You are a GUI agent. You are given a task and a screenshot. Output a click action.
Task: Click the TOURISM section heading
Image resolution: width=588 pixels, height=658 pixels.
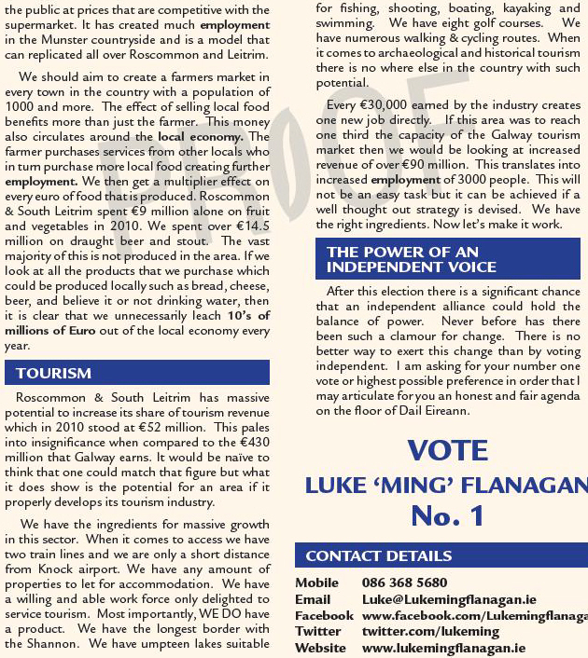[54, 373]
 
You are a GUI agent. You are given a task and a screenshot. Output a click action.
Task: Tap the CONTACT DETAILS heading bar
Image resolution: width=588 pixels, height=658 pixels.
[379, 555]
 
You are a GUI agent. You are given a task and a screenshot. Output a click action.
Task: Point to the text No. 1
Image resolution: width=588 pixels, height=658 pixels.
[448, 514]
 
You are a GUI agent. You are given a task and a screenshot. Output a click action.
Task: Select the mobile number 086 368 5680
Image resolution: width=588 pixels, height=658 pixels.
[405, 583]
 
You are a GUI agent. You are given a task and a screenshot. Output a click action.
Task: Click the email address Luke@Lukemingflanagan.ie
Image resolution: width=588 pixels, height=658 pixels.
[443, 599]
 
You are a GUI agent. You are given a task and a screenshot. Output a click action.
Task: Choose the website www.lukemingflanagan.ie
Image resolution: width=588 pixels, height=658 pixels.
[443, 648]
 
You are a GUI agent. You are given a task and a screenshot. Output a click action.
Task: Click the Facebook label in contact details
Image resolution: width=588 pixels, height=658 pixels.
[324, 616]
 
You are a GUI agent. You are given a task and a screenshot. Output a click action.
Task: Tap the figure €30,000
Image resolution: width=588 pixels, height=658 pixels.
[382, 106]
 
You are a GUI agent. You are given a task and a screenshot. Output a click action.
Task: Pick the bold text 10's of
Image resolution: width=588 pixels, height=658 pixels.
[248, 315]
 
